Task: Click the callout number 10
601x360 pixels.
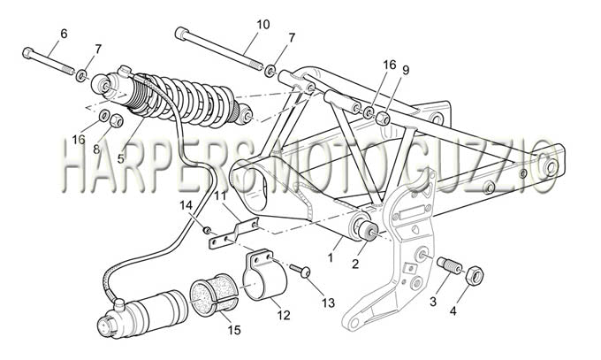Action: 263,25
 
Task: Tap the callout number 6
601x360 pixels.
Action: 64,34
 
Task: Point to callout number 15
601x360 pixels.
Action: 234,330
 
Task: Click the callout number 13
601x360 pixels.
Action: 329,303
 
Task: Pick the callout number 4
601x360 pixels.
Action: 453,310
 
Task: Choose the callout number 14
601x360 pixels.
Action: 186,206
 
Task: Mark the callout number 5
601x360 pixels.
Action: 121,158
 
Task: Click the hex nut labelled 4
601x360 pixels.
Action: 475,274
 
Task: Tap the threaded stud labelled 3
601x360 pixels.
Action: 450,265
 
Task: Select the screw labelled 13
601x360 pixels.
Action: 300,271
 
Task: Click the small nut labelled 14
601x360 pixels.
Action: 207,230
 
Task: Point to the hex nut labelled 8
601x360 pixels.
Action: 116,121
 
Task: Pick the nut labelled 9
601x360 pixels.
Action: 384,118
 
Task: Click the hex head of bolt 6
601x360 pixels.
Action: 27,52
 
